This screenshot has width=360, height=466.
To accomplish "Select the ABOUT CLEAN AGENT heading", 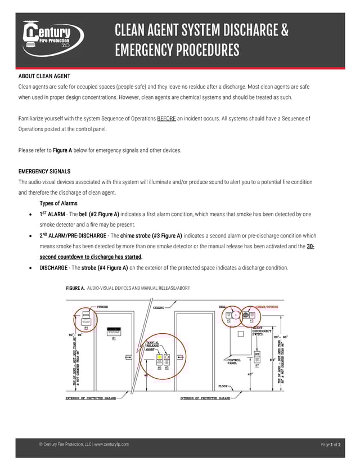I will click(44, 76).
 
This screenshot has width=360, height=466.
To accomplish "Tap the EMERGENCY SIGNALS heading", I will click(44, 171).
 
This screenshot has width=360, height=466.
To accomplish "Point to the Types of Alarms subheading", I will click(58, 203).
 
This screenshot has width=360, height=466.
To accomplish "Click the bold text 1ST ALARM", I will click(52, 214).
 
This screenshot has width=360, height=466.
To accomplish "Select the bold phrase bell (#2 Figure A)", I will click(99, 214).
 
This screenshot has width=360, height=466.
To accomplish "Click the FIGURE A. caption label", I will click(75, 288).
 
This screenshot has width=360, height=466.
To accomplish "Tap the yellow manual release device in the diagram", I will click(160, 357).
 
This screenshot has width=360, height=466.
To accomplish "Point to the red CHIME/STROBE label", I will click(267, 307).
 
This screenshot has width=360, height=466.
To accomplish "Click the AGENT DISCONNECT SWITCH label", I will click(261, 331).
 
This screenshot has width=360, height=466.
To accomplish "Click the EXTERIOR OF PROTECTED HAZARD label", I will click(91, 398).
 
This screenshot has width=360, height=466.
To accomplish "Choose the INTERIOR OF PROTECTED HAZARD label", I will click(205, 398).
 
